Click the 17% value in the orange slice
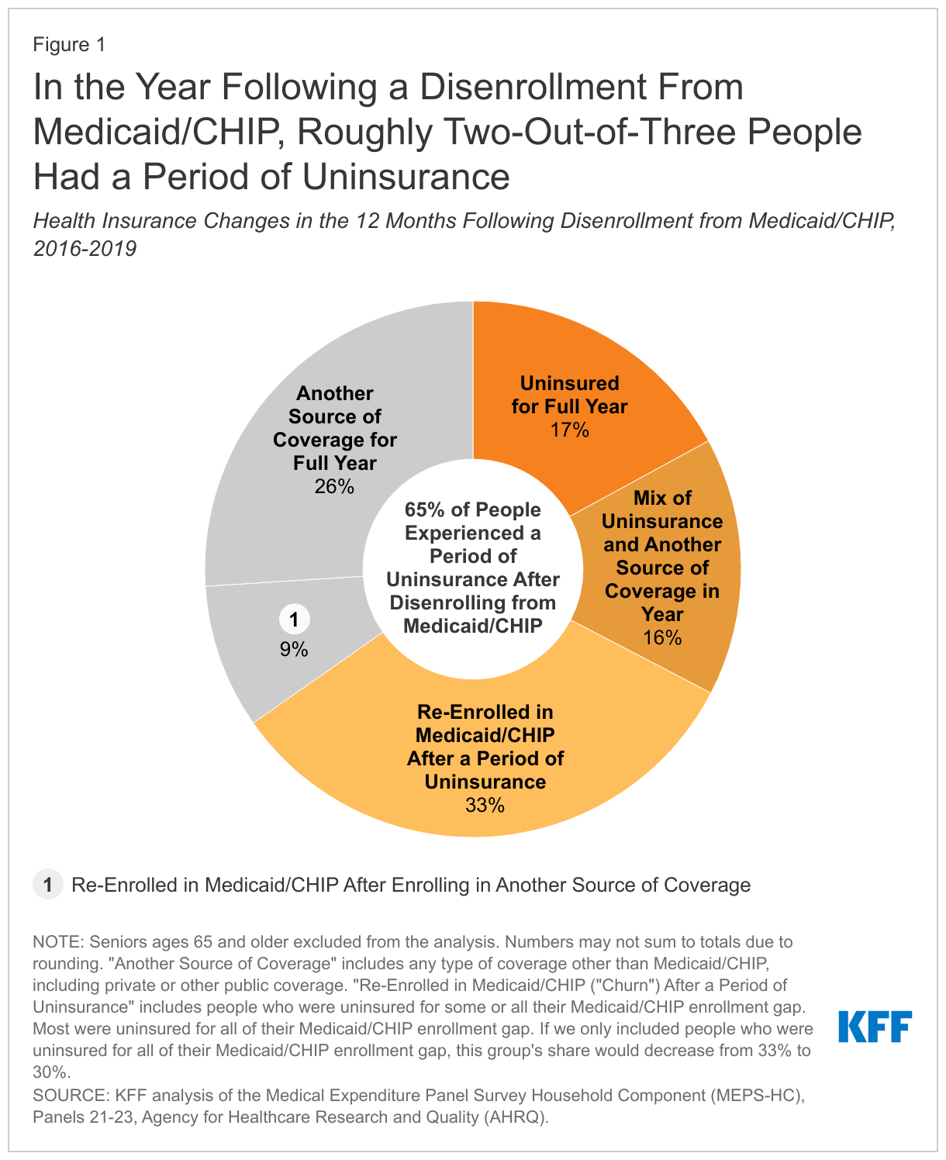pos(569,430)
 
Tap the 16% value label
pos(662,638)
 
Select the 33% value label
pos(485,806)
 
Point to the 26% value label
pos(334,487)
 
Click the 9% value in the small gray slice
pos(294,650)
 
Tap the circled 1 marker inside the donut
pos(294,620)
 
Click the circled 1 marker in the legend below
pos(47,885)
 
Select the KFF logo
pos(875,1027)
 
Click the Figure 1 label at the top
pos(69,45)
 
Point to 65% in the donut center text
pos(423,510)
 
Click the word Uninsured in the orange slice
pos(569,383)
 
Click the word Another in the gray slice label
pos(335,393)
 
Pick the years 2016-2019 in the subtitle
pos(85,249)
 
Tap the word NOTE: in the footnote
pos(58,942)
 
